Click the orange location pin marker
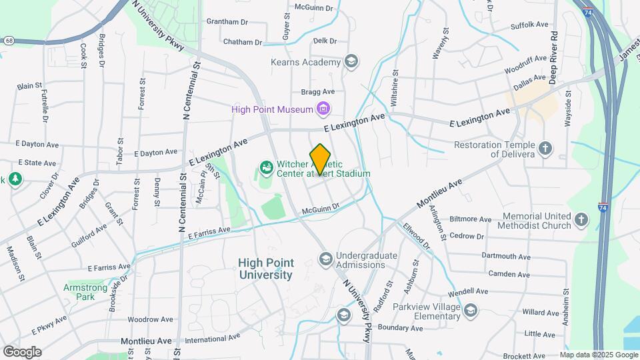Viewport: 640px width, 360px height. coord(321,159)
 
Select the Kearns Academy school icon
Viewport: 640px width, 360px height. coord(351,63)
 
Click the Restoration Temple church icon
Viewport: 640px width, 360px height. coord(545,148)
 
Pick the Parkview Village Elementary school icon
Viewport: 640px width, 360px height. coord(471,311)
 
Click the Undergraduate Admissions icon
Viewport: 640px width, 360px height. coord(326,258)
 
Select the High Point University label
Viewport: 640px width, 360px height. coord(265,269)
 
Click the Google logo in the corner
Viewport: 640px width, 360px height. coord(22,351)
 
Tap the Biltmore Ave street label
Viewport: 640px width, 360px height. coord(471,219)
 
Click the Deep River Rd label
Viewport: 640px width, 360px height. coord(553,57)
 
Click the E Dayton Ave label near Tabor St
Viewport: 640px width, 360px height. coord(155,153)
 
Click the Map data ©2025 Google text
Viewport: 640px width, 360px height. coord(598,355)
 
